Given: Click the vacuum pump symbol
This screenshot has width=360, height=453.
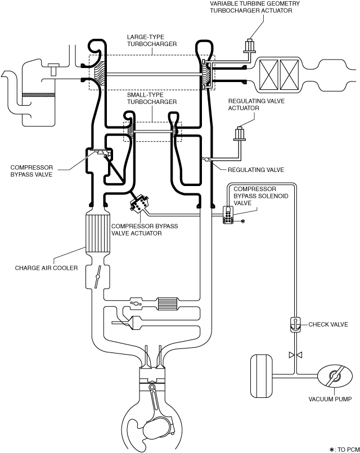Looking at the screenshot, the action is [335, 377].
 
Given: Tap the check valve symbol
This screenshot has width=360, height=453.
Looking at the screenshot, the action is [295, 325].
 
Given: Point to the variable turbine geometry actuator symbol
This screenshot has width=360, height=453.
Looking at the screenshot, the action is [250, 46].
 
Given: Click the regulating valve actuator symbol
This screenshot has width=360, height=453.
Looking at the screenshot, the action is [240, 134].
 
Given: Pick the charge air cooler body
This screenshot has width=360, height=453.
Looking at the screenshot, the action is [98, 234].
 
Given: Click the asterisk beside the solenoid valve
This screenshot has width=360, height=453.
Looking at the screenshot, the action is [242, 221].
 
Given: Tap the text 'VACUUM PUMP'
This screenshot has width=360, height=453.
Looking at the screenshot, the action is [330, 399].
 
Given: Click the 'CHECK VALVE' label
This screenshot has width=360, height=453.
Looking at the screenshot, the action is [328, 324].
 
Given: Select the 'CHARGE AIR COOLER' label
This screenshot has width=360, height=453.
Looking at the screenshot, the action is [46, 268].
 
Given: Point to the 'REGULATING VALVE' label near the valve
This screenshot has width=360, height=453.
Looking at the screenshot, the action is [256, 170].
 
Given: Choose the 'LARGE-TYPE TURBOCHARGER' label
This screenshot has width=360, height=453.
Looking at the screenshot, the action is [151, 40].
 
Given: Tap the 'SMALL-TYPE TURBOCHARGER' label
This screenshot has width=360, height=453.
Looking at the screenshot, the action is [151, 98].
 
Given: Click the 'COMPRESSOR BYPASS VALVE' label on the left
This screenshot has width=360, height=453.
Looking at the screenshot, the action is [31, 171].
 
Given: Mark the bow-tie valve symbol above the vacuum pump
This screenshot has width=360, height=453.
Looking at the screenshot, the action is [295, 355].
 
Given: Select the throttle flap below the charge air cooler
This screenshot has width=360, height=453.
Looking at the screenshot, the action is [98, 277].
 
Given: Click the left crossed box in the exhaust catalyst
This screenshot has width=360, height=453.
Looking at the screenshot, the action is [268, 75].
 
